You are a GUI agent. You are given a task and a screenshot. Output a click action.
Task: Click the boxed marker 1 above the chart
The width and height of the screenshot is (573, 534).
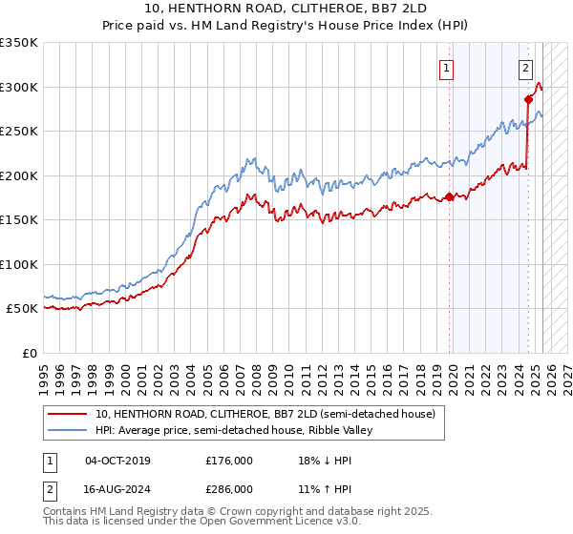pyautogui.click(x=446, y=68)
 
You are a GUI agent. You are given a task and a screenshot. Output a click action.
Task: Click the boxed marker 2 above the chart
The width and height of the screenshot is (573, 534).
pyautogui.click(x=526, y=68)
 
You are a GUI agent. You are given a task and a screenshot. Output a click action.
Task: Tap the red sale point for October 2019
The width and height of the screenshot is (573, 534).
pyautogui.click(x=450, y=197)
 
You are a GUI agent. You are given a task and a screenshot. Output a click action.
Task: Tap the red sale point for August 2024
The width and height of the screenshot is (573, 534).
pyautogui.click(x=528, y=99)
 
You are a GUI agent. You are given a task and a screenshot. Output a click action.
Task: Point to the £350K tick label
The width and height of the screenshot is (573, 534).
pyautogui.click(x=19, y=43)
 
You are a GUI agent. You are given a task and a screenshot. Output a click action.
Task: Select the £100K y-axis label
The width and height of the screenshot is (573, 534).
pyautogui.click(x=19, y=264)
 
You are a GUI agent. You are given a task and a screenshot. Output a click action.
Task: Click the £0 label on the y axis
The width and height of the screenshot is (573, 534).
pyautogui.click(x=29, y=353)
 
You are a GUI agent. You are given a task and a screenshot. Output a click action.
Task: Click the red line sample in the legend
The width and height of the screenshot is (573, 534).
pyautogui.click(x=66, y=415)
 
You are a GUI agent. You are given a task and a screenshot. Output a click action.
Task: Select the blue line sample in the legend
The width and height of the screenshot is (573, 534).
pyautogui.click(x=66, y=431)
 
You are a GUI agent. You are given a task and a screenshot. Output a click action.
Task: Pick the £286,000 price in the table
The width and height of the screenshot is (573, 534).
pyautogui.click(x=229, y=488)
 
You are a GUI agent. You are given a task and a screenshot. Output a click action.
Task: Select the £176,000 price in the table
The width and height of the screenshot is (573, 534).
pyautogui.click(x=229, y=461)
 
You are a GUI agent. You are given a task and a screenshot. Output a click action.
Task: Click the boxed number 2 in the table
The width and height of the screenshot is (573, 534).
pyautogui.click(x=49, y=488)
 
